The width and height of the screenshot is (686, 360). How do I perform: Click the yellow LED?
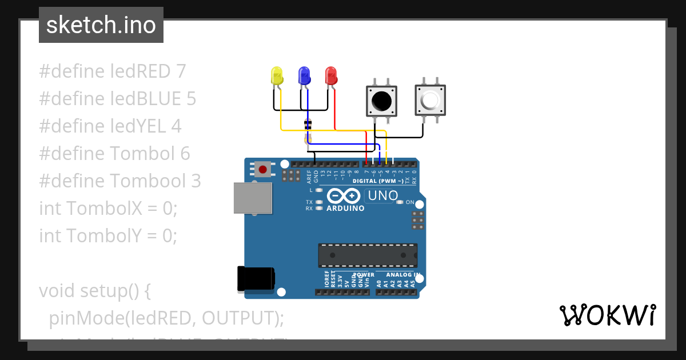pos(277,77)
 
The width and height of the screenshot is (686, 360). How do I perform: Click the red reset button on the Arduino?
pos(263,169)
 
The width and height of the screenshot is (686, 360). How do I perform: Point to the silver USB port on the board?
pos(252,198)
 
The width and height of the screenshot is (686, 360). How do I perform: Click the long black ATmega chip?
pos(368,255)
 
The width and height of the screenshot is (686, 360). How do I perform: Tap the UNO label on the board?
pos(382,195)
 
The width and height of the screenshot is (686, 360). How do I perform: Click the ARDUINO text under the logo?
pos(345,209)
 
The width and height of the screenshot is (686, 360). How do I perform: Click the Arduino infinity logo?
pos(343,196)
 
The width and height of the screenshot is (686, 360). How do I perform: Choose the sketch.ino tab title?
pos(101,25)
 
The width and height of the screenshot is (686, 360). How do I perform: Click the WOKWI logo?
pos(607,315)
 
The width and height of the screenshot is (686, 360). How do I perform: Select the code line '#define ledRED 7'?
pos(113,71)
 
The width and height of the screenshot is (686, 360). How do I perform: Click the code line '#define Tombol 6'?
pos(114,154)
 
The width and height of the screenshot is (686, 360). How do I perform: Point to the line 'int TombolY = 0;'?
pos(108,235)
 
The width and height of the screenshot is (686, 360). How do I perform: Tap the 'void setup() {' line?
pos(95,290)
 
